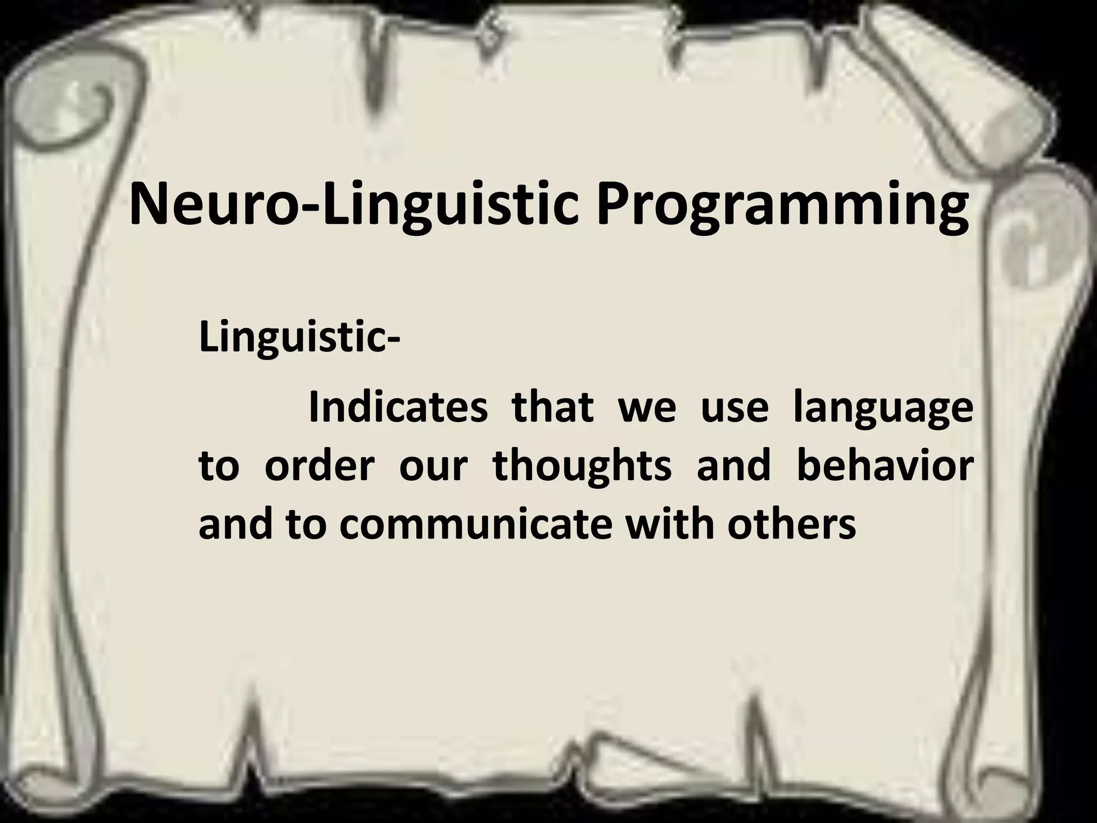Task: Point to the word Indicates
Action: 399,408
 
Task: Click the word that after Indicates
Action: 553,408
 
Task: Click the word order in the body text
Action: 318,466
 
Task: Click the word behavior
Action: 884,466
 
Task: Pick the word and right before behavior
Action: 733,466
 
